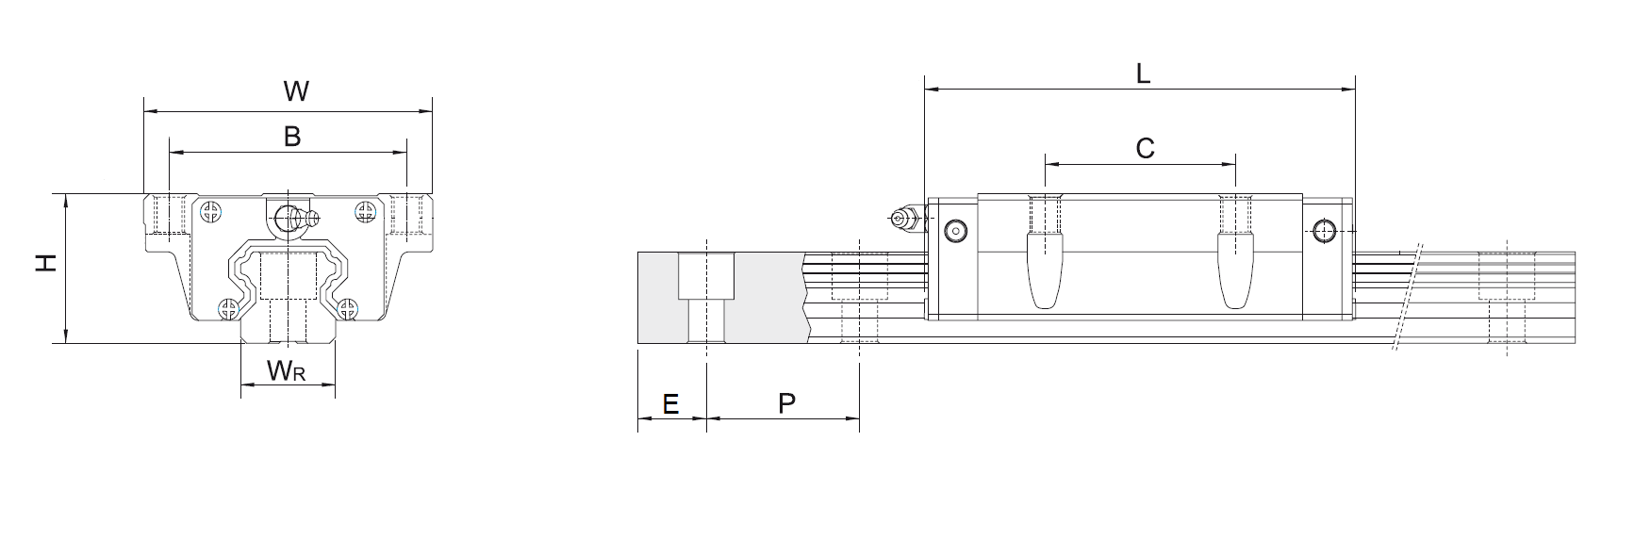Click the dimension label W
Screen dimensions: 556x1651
tap(296, 91)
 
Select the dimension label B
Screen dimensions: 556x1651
tap(292, 137)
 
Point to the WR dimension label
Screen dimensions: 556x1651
tap(286, 371)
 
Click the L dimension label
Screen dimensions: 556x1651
tap(1143, 74)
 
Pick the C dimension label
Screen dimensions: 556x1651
tap(1145, 148)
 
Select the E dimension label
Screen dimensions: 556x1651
tap(670, 404)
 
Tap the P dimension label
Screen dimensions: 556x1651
tap(786, 404)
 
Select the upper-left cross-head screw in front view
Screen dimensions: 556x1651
tap(212, 212)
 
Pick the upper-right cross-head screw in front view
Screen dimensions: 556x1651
tap(365, 212)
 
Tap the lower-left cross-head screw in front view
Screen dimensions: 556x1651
tap(228, 308)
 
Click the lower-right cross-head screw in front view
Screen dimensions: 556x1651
tap(349, 308)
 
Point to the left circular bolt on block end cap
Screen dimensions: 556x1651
tap(957, 229)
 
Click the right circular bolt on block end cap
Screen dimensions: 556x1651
tap(1325, 229)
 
